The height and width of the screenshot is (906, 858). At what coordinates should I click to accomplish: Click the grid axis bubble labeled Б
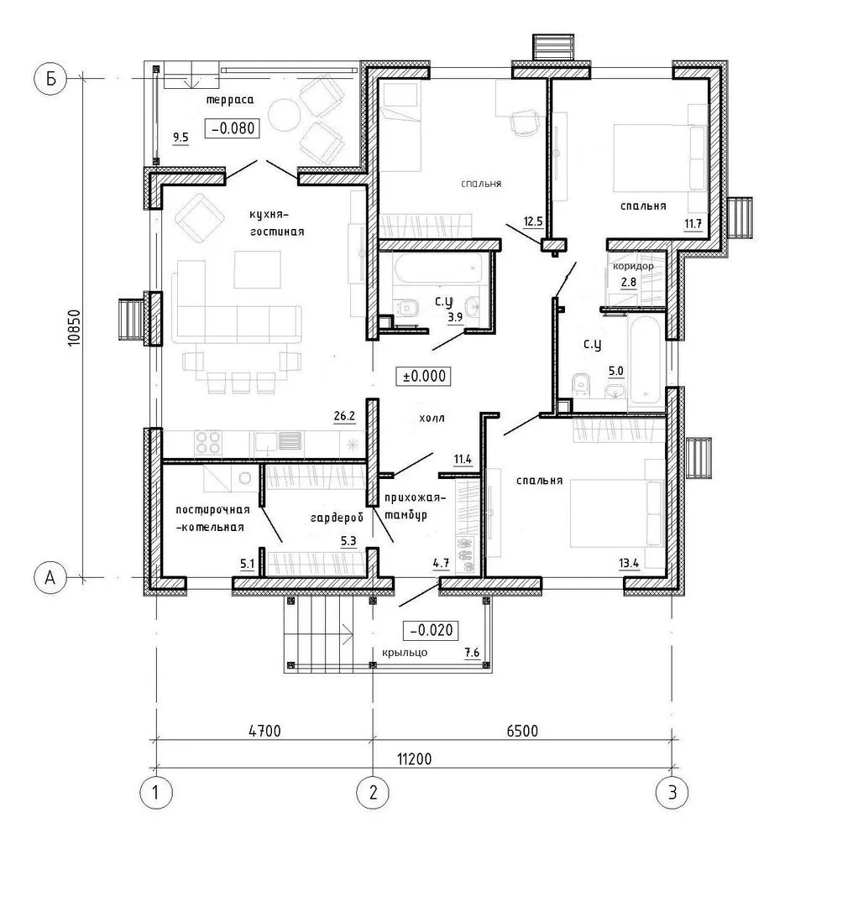(50, 78)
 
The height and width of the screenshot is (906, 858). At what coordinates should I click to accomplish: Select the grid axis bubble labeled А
(50, 577)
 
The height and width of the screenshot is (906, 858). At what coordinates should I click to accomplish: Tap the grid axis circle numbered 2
(373, 792)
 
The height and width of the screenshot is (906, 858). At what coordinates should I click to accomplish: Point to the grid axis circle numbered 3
(672, 792)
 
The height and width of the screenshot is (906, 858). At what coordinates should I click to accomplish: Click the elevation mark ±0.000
(424, 376)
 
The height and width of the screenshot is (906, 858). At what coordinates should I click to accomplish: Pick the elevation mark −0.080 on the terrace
(233, 128)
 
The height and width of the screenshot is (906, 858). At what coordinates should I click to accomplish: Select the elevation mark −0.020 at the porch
(431, 630)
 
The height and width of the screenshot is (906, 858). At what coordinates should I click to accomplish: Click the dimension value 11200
(414, 758)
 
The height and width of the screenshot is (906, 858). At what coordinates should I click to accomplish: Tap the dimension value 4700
(264, 731)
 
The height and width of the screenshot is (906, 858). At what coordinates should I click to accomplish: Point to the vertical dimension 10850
(75, 328)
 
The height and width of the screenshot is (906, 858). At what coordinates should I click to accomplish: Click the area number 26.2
(344, 416)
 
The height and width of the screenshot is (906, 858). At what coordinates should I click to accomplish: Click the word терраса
(230, 100)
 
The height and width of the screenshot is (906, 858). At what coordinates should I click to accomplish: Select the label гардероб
(337, 518)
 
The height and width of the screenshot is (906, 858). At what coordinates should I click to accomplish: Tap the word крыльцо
(405, 653)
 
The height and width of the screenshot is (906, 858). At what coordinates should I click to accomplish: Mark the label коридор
(633, 267)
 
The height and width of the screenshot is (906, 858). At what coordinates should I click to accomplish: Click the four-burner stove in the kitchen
(207, 443)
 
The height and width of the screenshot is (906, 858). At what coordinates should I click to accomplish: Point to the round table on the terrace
(284, 114)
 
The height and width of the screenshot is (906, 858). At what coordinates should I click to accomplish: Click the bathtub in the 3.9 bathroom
(437, 269)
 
